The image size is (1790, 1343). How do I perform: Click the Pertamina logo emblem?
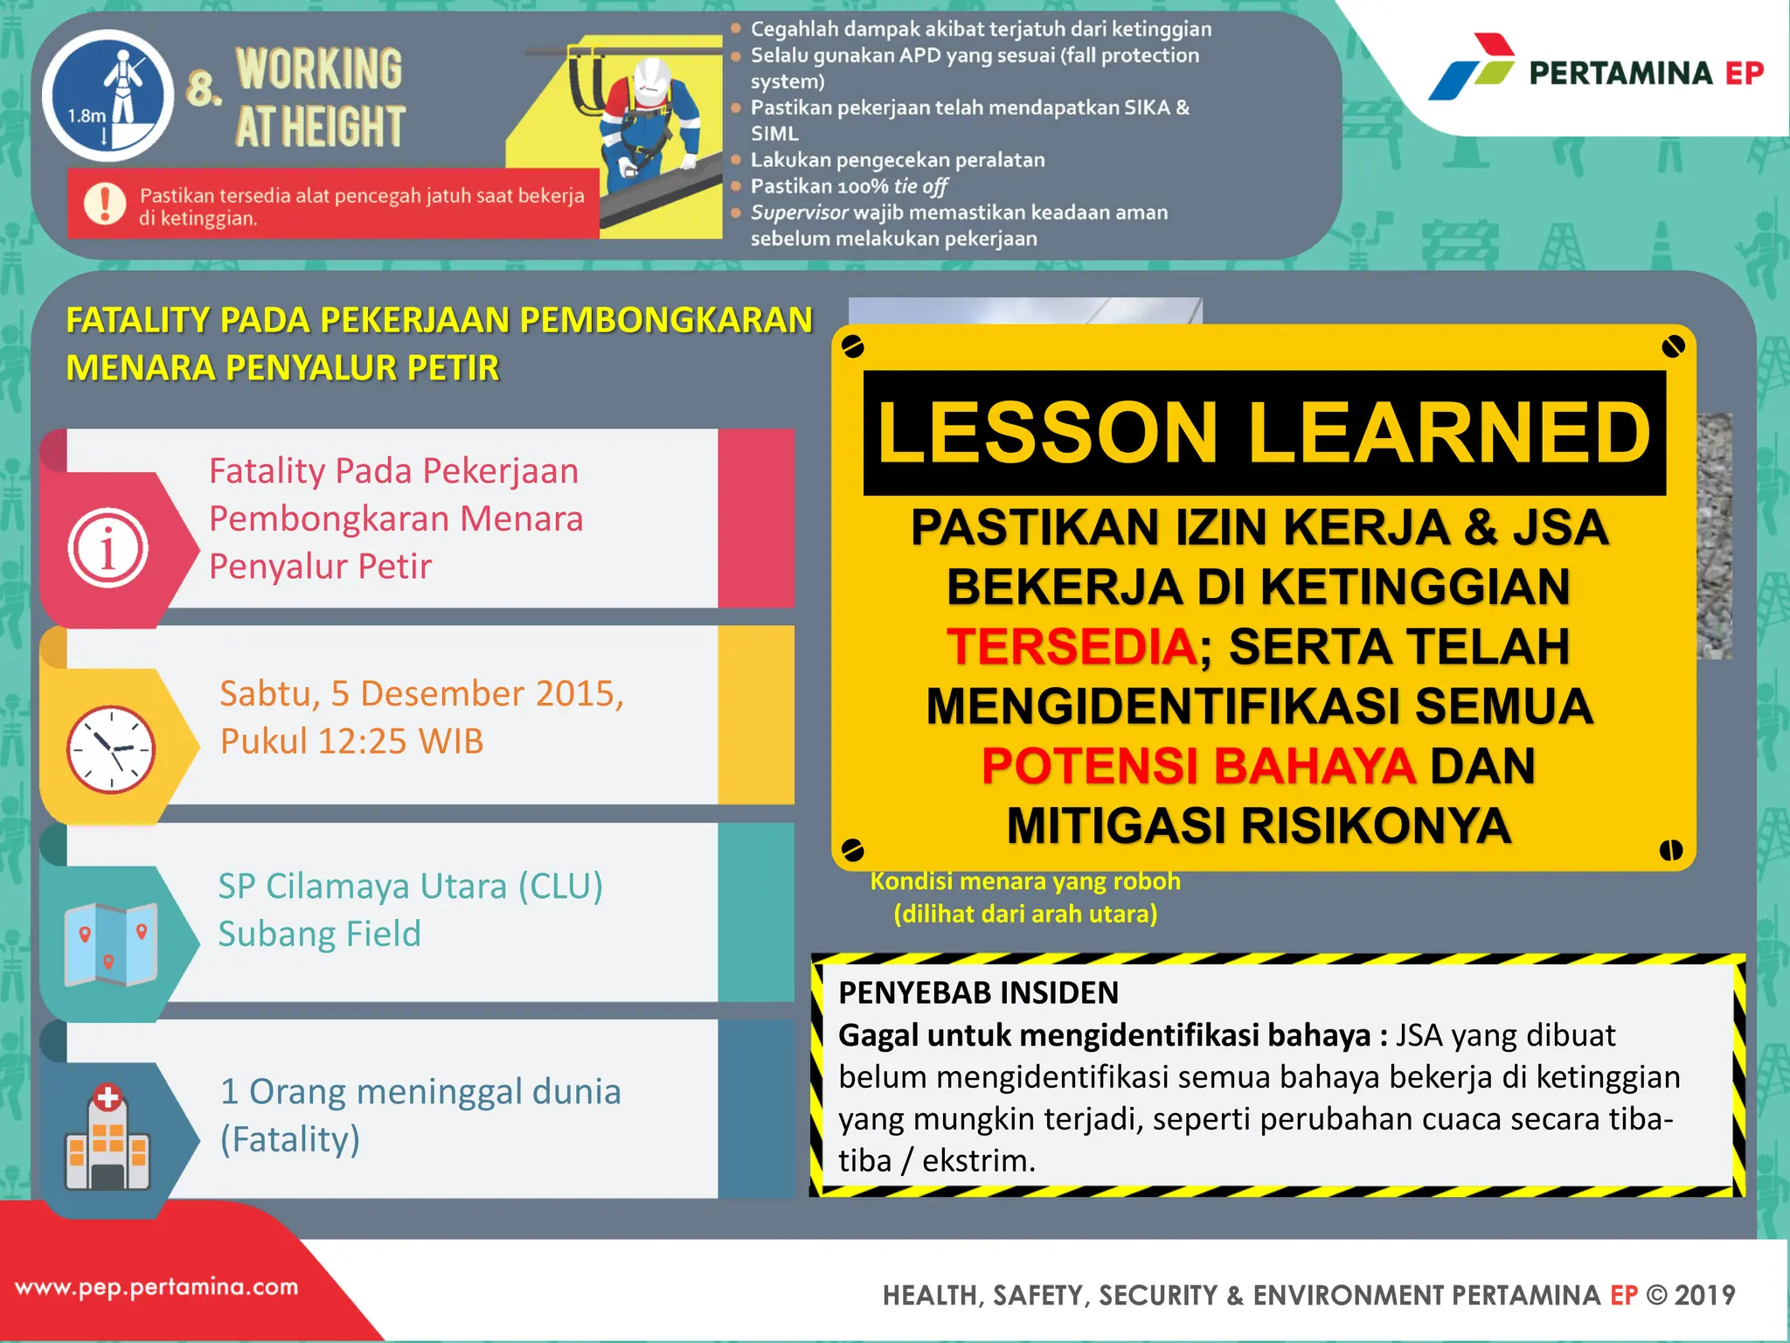[1472, 67]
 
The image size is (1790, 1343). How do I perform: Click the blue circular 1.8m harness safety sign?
[108, 94]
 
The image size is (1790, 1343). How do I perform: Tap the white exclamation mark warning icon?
[105, 204]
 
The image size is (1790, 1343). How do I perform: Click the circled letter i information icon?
[108, 548]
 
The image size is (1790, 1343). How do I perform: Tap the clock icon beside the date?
[111, 748]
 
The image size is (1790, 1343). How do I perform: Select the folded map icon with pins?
[110, 944]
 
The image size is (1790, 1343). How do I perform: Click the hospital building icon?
[108, 1138]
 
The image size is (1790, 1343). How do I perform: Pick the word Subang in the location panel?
[276, 934]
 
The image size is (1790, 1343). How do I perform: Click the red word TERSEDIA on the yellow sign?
[1072, 647]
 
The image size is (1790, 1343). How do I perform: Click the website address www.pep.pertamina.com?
[157, 1287]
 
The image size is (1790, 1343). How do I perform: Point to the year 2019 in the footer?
[1705, 1295]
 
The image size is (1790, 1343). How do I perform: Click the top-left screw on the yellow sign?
[852, 347]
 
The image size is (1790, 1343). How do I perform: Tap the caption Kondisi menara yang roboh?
[1025, 881]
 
